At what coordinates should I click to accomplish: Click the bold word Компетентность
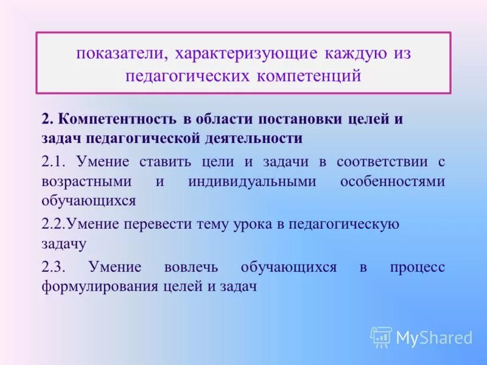pyautogui.click(x=117, y=119)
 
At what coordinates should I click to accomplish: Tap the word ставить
pyautogui.click(x=161, y=162)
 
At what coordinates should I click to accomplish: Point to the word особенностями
pyautogui.click(x=392, y=181)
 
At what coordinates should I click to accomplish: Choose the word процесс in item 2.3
pyautogui.click(x=417, y=267)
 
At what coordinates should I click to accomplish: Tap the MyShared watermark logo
pyautogui.click(x=421, y=337)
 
